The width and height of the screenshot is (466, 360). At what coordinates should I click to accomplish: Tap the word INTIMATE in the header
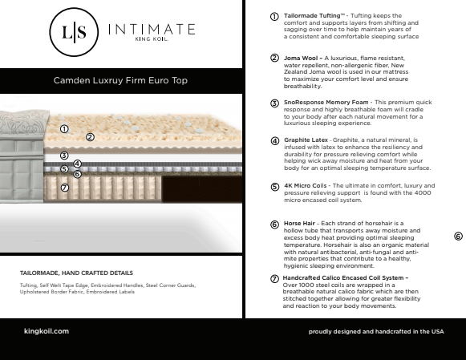pos(151,30)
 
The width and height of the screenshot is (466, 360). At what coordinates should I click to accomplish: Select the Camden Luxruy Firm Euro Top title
pos(121,81)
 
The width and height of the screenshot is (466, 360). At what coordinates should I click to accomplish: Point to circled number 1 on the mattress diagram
pos(64,128)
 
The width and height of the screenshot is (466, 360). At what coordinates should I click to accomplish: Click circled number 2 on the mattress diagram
pos(90,137)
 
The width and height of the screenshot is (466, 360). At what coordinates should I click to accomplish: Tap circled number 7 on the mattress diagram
pos(64,188)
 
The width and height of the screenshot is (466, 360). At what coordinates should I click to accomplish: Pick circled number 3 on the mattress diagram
pos(64,156)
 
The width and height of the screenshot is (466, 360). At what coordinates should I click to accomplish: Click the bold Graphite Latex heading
pos(306,140)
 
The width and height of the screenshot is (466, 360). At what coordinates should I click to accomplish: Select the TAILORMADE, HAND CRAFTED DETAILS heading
pos(76,273)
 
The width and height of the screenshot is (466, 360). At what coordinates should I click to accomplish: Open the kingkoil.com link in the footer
pos(47,330)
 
